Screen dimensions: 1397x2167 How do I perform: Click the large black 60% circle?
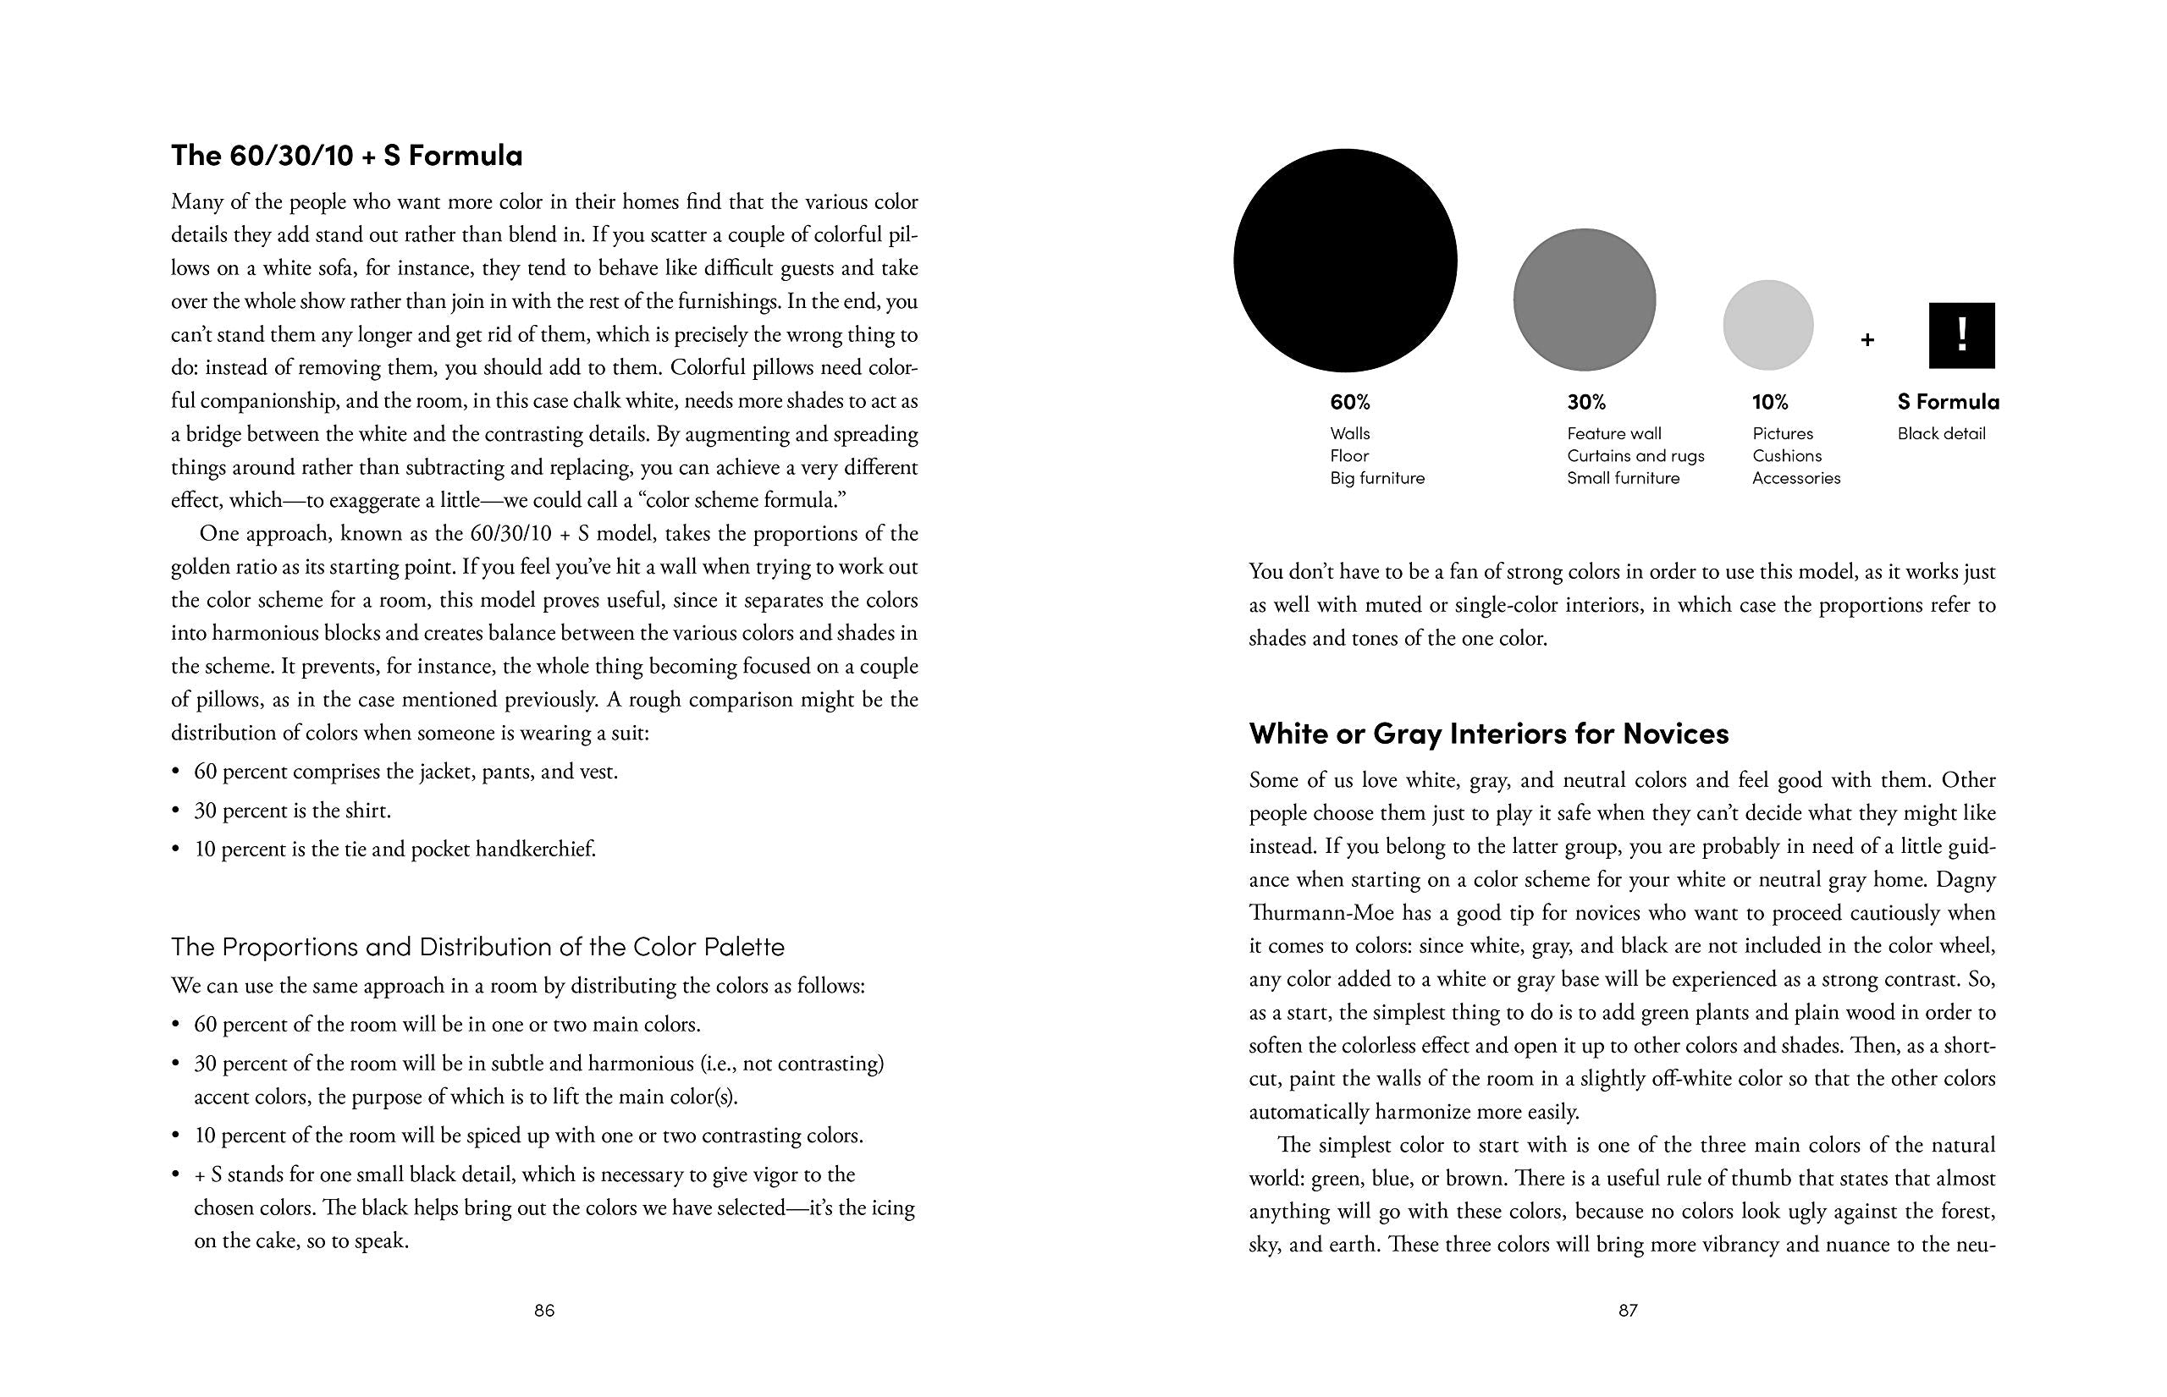1345,261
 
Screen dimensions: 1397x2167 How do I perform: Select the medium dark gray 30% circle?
1585,300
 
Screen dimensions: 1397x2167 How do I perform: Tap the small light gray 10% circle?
1767,325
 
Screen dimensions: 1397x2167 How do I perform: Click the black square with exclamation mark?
1962,336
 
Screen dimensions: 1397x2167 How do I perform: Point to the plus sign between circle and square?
1866,341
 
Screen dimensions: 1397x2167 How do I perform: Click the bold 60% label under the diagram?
1350,402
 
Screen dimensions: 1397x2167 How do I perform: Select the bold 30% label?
1586,402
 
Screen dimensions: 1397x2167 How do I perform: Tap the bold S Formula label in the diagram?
1949,402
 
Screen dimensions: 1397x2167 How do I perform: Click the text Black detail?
1941,433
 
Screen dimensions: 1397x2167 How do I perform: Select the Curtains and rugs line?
1635,455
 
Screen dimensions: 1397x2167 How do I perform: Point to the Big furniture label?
1377,478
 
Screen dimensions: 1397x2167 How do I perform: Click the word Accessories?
1796,478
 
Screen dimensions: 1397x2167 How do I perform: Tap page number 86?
544,1310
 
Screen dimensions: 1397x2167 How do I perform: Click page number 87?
1628,1310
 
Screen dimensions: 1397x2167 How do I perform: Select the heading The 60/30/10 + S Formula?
347,156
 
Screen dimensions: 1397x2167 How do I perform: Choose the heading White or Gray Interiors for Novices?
1488,733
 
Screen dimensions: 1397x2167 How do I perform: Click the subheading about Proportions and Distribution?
477,947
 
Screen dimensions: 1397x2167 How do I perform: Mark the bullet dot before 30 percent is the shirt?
176,811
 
